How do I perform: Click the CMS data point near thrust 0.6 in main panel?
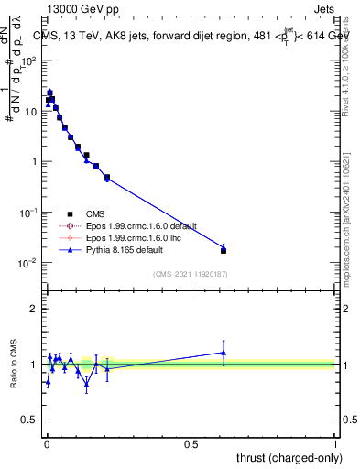(x=224, y=250)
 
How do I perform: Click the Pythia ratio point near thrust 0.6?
(x=224, y=353)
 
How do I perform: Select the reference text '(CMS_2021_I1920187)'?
(x=190, y=273)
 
